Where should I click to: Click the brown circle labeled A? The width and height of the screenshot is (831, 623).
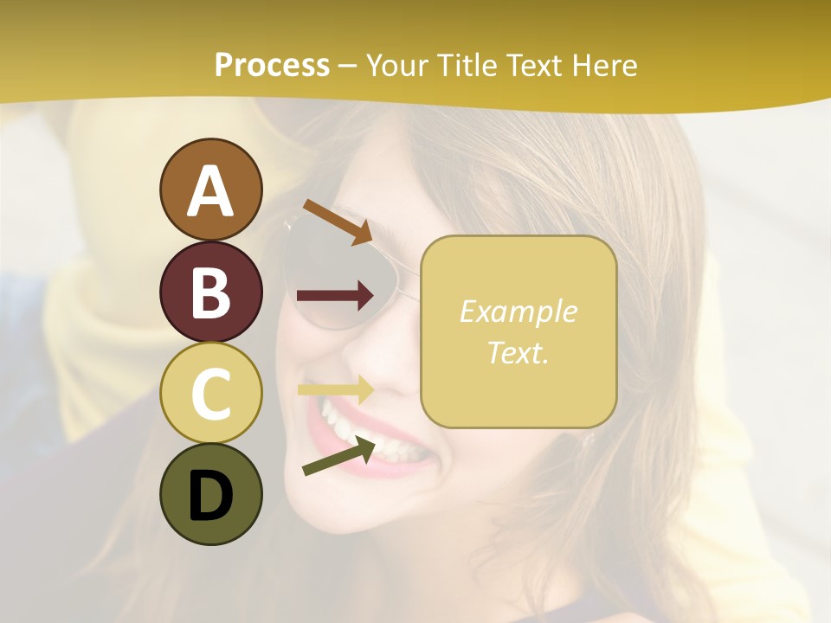[x=211, y=189]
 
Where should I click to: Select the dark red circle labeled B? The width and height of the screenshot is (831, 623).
[x=211, y=292]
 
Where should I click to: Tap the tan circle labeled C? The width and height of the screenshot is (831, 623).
[x=211, y=393]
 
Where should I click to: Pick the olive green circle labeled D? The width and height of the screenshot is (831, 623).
[x=211, y=494]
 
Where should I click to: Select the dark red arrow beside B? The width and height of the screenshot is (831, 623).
[x=335, y=296]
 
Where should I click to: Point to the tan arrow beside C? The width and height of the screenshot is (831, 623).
[x=335, y=389]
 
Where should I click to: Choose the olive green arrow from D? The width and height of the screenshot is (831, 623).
[x=339, y=456]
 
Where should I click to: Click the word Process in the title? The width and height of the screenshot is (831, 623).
[x=272, y=65]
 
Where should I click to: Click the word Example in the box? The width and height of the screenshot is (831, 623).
[x=518, y=311]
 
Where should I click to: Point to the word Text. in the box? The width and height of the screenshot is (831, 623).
[x=518, y=352]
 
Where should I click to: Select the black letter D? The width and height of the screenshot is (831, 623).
[x=211, y=497]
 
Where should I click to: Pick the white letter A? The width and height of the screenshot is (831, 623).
[x=211, y=191]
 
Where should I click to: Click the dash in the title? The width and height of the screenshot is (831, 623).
[x=348, y=67]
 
